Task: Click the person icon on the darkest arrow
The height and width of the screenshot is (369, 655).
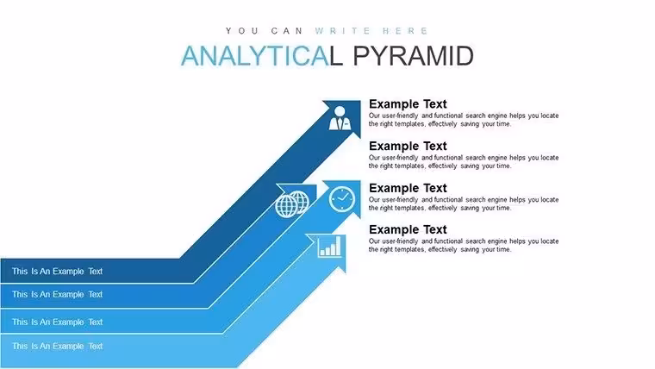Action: pos(340,118)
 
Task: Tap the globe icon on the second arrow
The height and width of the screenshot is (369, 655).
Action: pos(292,204)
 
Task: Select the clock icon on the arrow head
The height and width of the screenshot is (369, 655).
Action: pos(341,199)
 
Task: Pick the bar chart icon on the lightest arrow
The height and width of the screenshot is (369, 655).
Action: pos(329,247)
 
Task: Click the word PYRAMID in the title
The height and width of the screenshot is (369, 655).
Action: pos(413,56)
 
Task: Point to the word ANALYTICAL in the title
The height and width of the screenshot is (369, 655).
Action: pos(262,56)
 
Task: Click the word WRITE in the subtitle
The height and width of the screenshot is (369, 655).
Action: pos(342,31)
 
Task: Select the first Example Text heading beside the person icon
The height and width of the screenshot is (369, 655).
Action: pos(408,103)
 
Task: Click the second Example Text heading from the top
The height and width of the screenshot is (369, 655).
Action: pos(408,146)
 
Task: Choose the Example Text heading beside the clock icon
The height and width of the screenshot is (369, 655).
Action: pos(408,188)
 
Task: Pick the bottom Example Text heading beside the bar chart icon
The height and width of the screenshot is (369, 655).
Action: pos(408,229)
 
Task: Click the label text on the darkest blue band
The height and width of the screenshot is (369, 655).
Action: pos(57,272)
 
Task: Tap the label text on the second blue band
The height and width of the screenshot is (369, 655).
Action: pos(57,294)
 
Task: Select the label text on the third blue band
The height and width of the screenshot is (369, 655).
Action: pos(57,322)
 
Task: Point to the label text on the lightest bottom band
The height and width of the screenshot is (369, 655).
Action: pos(57,346)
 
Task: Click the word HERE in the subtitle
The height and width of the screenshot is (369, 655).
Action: pos(405,31)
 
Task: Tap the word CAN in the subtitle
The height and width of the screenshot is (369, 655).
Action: pos(287,31)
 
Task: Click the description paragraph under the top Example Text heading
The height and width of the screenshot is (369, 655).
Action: pos(464,120)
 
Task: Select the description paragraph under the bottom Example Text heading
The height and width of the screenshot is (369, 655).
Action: pos(464,246)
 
